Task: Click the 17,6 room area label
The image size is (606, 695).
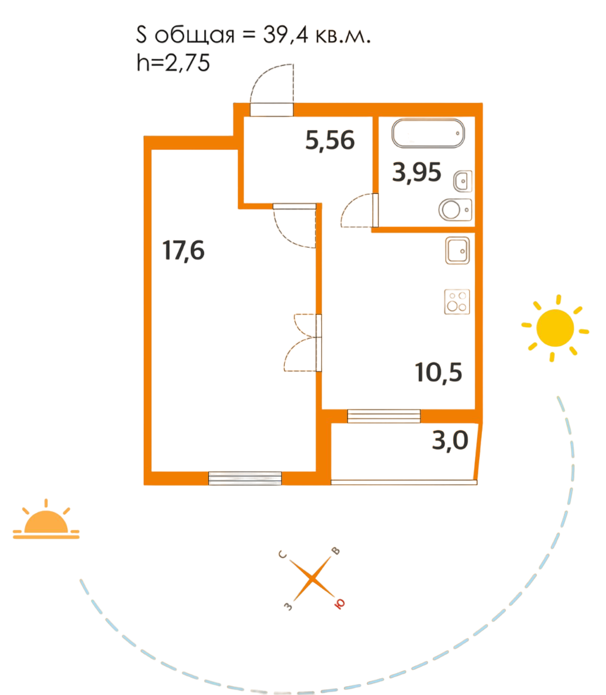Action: pyautogui.click(x=184, y=251)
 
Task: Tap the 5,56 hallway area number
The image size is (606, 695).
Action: pyautogui.click(x=330, y=141)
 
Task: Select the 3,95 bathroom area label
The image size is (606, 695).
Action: pyautogui.click(x=417, y=173)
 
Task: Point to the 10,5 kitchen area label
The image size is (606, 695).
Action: pyautogui.click(x=438, y=373)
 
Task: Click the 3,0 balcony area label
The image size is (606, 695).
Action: pyautogui.click(x=450, y=440)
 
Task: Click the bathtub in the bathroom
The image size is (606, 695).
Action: pyautogui.click(x=428, y=134)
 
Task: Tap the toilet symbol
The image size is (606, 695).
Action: pyautogui.click(x=455, y=210)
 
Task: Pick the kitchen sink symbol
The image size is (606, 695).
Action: pyautogui.click(x=457, y=250)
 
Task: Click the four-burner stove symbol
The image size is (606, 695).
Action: pyautogui.click(x=457, y=302)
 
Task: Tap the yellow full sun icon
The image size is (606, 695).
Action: pyautogui.click(x=555, y=328)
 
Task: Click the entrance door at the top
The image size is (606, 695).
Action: pyautogui.click(x=272, y=92)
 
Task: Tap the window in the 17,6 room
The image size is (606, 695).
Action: pyautogui.click(x=245, y=478)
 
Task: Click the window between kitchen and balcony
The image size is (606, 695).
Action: pyautogui.click(x=384, y=416)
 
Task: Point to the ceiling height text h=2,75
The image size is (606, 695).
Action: pyautogui.click(x=173, y=64)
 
